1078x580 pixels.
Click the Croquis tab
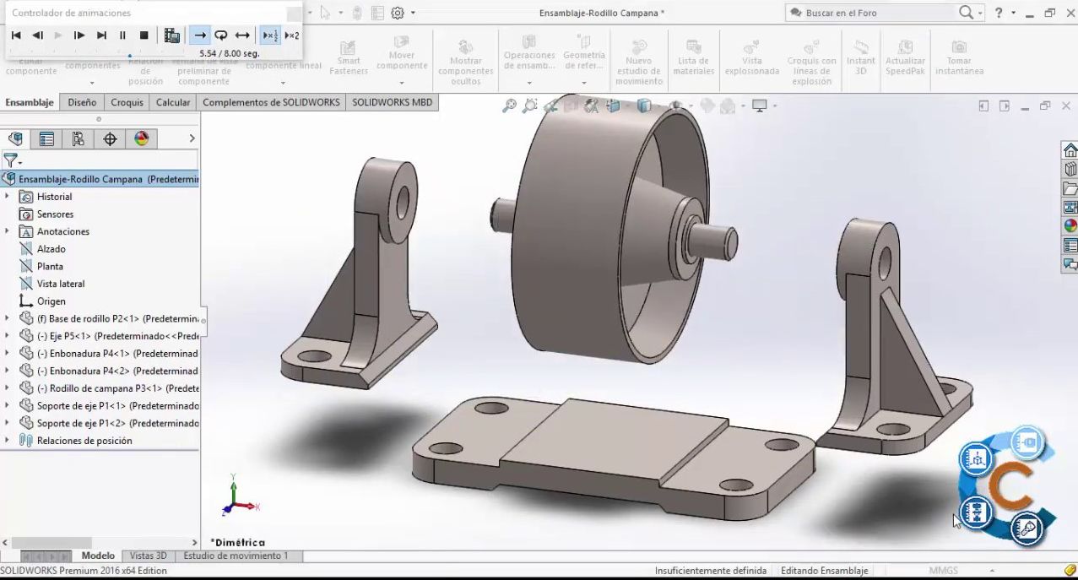[127, 102]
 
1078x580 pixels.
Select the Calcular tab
[173, 102]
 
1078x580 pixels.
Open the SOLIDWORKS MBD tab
[392, 102]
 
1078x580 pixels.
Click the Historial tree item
[54, 197]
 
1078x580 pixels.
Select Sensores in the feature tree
[55, 214]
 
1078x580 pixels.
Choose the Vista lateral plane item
[61, 284]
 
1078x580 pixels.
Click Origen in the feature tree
[51, 301]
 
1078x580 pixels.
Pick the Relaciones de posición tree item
[84, 441]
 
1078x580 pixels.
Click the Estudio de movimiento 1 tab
[236, 556]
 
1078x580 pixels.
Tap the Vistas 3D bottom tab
[148, 556]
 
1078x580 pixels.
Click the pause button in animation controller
[122, 35]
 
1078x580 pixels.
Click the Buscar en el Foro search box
[869, 13]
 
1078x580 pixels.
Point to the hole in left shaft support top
[402, 200]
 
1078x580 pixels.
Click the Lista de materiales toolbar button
[693, 59]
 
